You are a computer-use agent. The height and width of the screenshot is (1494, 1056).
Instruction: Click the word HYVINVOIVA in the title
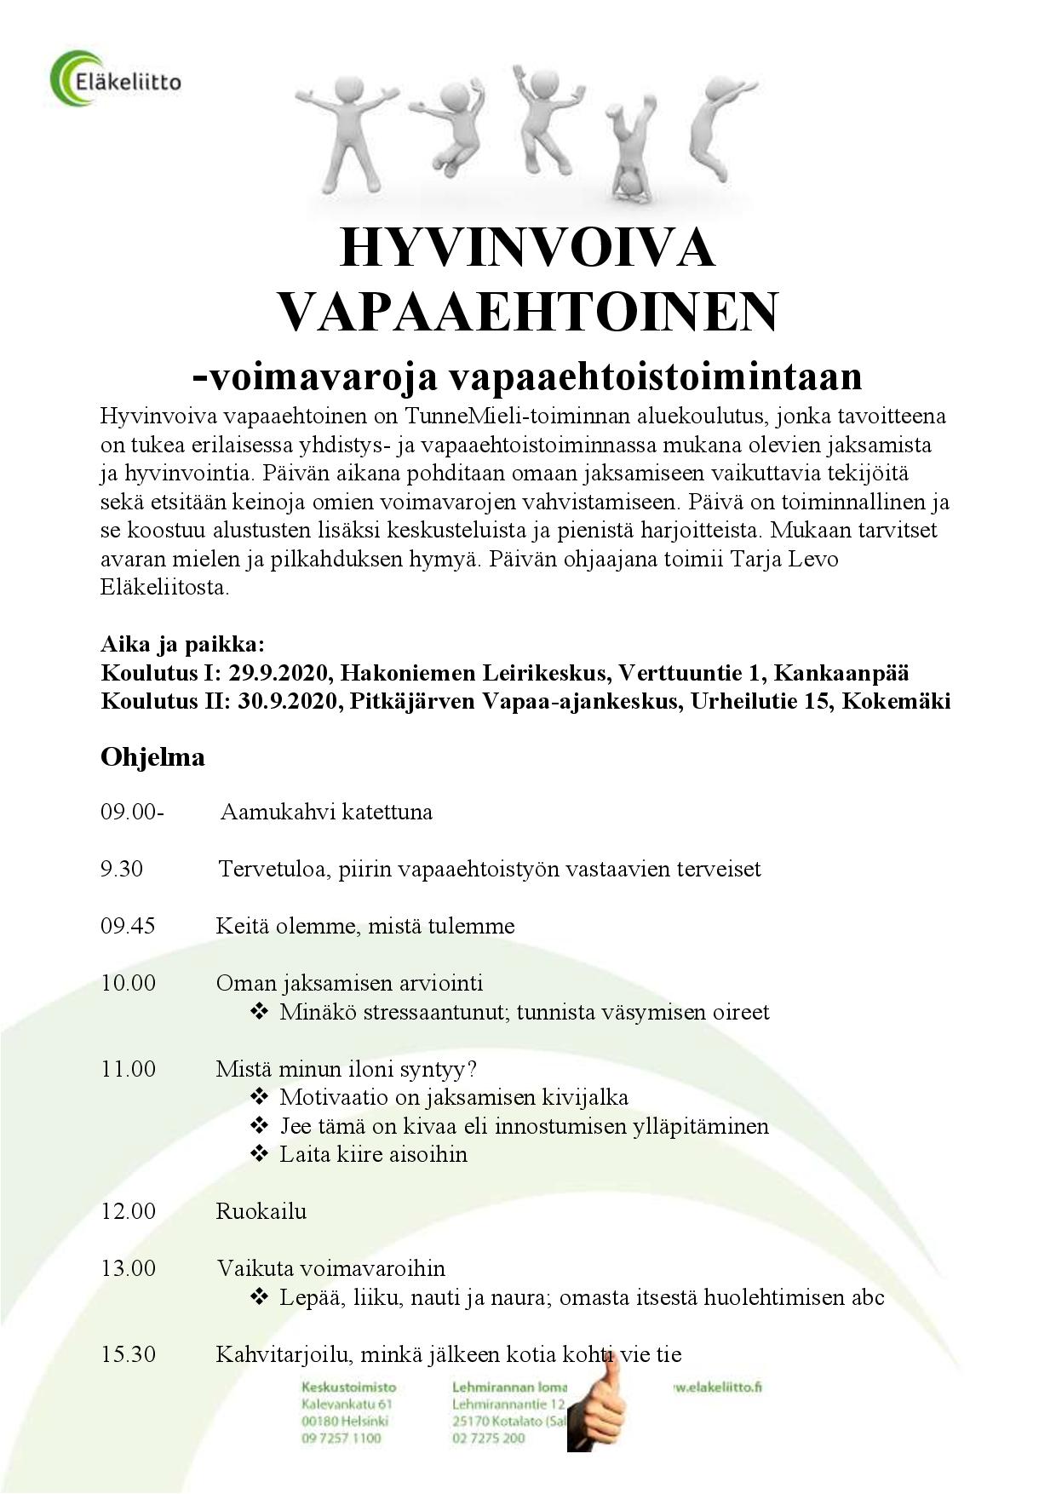(x=527, y=248)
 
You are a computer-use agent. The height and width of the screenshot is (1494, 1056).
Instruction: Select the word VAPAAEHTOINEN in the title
(x=528, y=313)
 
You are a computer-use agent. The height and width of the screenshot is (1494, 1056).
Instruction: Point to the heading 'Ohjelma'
(x=152, y=757)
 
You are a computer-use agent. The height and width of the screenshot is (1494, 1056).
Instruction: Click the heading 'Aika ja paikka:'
(x=183, y=644)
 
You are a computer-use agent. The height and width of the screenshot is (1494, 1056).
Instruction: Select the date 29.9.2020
(x=279, y=673)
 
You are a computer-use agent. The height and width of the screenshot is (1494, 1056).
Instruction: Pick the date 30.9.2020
(x=284, y=702)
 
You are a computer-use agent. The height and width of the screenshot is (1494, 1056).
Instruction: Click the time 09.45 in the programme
(x=128, y=926)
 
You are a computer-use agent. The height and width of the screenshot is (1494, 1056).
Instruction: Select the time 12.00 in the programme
(x=128, y=1211)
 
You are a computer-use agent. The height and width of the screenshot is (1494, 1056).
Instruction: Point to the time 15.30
(x=128, y=1354)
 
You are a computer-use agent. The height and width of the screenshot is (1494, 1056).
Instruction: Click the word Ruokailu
(x=261, y=1211)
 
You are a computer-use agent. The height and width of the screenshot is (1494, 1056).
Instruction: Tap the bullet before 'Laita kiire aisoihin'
(x=260, y=1154)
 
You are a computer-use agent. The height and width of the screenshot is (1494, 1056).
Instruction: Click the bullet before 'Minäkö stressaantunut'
(x=260, y=1012)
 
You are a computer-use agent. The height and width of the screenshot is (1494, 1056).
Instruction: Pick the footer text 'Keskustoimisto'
(x=348, y=1388)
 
